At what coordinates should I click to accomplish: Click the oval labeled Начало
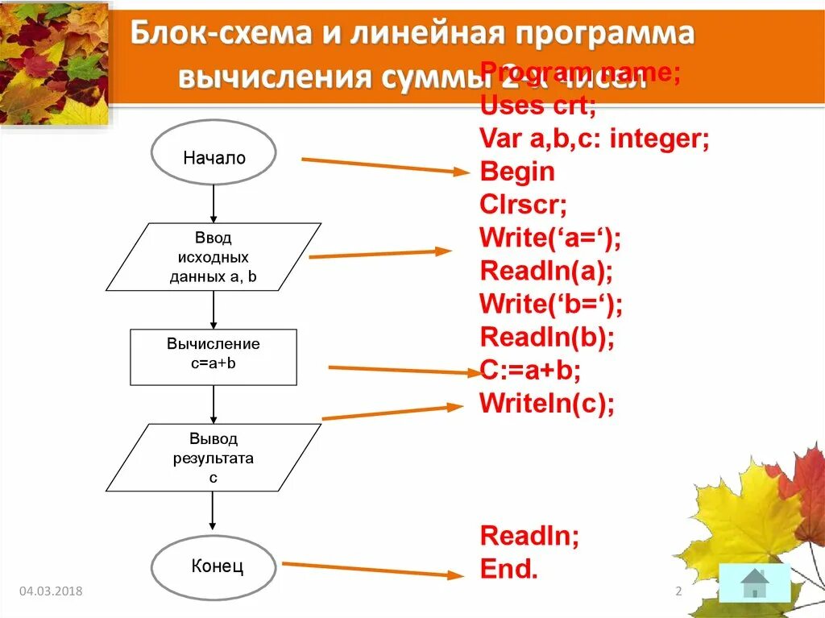pyautogui.click(x=214, y=153)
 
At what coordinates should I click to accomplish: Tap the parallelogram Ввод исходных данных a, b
pyautogui.click(x=214, y=257)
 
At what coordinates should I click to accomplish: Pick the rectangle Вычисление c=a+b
pyautogui.click(x=214, y=357)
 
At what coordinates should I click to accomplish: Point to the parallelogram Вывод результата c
pyautogui.click(x=214, y=458)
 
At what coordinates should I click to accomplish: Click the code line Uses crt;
pyautogui.click(x=537, y=105)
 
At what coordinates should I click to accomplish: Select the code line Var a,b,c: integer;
pyautogui.click(x=594, y=139)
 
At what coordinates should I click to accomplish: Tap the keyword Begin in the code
pyautogui.click(x=517, y=172)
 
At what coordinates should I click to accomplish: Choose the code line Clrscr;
pyautogui.click(x=524, y=205)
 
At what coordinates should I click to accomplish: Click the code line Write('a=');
pyautogui.click(x=550, y=238)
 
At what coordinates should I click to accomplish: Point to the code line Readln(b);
pyautogui.click(x=547, y=336)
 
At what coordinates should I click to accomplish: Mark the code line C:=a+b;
pyautogui.click(x=531, y=369)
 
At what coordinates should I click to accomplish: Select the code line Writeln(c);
pyautogui.click(x=547, y=402)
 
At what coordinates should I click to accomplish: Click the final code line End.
pyautogui.click(x=508, y=569)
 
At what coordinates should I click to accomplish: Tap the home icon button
pyautogui.click(x=754, y=583)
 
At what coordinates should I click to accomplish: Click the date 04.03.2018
pyautogui.click(x=51, y=592)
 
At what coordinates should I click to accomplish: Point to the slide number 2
pyautogui.click(x=678, y=592)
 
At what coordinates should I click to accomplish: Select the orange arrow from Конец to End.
pyautogui.click(x=372, y=570)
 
